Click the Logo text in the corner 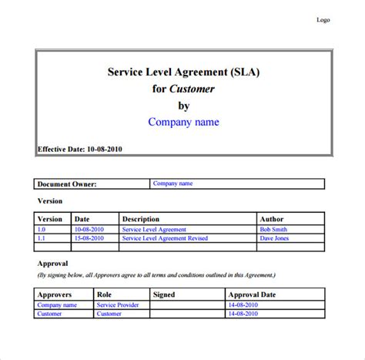(x=323, y=20)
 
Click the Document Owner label (x=67, y=184)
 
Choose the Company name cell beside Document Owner (x=172, y=184)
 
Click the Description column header (x=141, y=219)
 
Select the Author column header (x=272, y=219)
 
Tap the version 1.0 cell (x=42, y=229)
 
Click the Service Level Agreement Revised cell (x=164, y=238)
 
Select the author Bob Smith (x=273, y=229)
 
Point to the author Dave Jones (x=274, y=238)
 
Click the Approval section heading (x=53, y=263)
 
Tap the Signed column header (x=164, y=294)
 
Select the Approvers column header (x=55, y=294)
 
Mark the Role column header (x=105, y=294)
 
